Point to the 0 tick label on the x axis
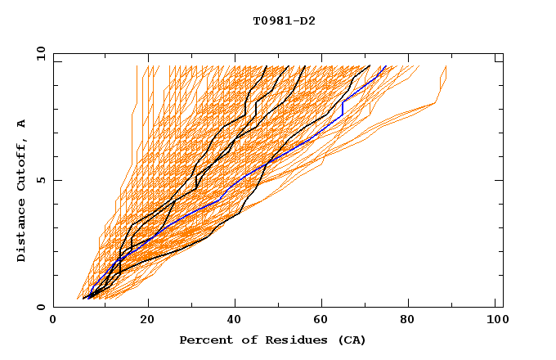(x=53, y=321)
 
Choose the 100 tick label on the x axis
(x=496, y=321)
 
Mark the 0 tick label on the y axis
(x=40, y=308)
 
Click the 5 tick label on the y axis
(x=40, y=180)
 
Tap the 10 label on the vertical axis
(x=38, y=53)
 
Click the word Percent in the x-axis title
(x=204, y=340)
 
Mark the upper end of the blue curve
(x=387, y=66)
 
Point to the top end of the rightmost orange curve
(x=446, y=66)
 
